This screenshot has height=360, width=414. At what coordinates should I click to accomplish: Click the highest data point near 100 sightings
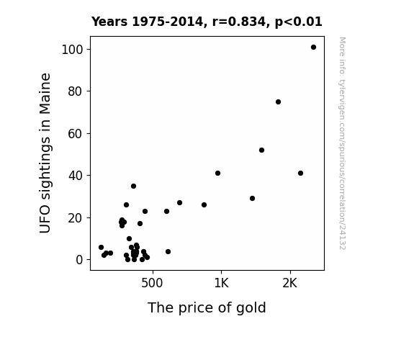coord(313,48)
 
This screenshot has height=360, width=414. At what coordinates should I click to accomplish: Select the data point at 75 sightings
coord(278,102)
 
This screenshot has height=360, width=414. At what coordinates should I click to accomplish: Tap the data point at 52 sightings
coord(261,150)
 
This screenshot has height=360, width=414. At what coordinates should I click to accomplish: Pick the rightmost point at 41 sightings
coord(300,174)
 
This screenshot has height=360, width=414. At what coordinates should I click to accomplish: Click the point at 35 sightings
coord(134,186)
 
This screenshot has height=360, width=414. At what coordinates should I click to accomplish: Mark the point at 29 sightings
coord(253,198)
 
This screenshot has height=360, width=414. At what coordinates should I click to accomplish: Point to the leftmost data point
coord(101,247)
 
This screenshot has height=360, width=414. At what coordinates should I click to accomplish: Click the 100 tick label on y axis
coord(72,50)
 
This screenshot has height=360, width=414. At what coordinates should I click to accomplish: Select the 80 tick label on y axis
coord(76,91)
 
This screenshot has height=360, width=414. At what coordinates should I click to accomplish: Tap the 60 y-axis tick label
coord(76,134)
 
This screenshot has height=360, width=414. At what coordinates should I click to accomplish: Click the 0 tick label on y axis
coord(79,260)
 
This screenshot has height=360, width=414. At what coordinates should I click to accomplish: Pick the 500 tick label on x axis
coord(152,283)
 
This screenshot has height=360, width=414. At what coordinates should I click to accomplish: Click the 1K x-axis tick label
coord(221,283)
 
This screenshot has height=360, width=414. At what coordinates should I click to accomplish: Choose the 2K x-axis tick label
coord(290,283)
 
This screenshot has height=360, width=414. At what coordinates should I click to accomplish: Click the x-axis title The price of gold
coord(207,307)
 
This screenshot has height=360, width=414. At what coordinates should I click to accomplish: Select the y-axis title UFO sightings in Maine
coord(45,153)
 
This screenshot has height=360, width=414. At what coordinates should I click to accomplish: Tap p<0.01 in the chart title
coord(299,22)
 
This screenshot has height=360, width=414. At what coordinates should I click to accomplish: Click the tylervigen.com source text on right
coord(342,143)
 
